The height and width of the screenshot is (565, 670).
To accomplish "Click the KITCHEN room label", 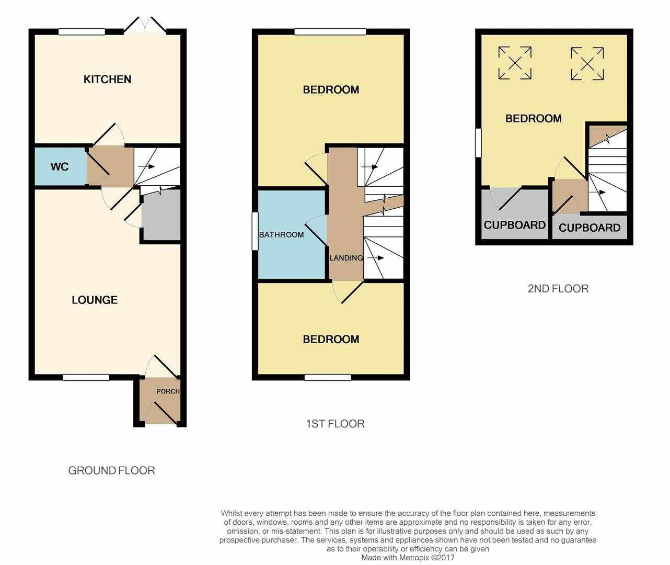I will pos(107,80).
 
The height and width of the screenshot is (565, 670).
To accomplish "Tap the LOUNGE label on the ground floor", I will pos(95,300).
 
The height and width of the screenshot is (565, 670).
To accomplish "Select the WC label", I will pos(60,167).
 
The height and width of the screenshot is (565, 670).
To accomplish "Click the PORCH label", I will pos(168,391).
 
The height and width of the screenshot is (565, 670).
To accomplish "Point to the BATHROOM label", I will pos(281,235).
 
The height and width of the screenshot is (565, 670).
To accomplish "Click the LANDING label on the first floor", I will pos(346,258).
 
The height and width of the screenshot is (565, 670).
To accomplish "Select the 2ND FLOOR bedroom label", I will pos(533,119).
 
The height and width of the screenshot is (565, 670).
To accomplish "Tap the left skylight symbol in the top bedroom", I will pos(515,63).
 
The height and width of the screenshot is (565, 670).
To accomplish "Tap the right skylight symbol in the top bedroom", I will pos(587,64).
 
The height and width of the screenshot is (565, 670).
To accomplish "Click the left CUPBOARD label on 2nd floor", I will pos(514,225).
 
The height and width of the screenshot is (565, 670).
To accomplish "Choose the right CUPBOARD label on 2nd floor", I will pos(589,228).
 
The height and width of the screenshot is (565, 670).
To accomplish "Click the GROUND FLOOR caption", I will pos(111,471).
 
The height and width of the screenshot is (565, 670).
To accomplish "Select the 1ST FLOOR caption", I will pos(335,424).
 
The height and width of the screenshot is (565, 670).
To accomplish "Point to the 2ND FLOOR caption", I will pos(558,289).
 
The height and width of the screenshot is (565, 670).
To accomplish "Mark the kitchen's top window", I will pos(82,32).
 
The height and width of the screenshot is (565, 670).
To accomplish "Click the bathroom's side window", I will pos(255,231).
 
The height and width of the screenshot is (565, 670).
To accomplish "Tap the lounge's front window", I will pos(86,377).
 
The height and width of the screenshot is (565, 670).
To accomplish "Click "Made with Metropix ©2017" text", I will pos(408,558).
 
